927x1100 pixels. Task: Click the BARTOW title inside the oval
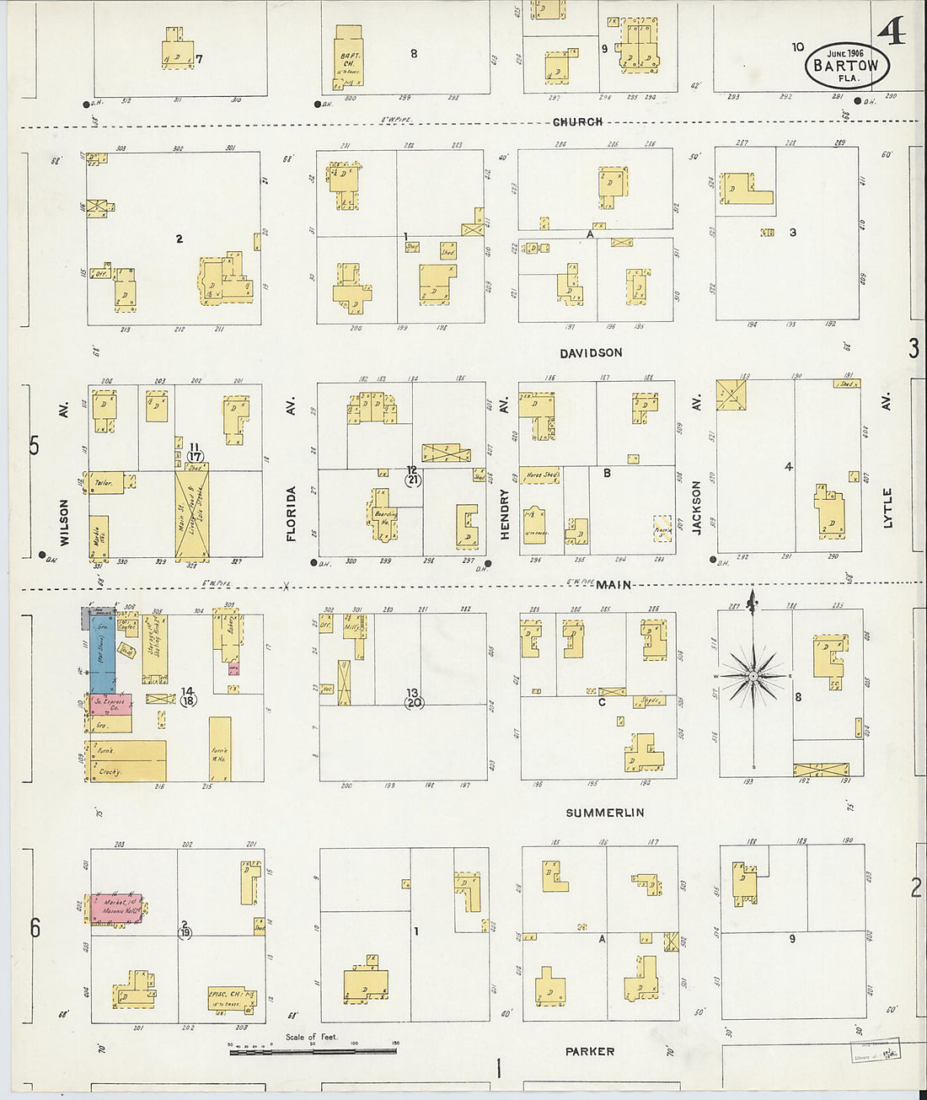tap(846, 66)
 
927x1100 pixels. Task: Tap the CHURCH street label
tap(577, 122)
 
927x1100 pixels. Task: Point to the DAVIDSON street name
tap(591, 353)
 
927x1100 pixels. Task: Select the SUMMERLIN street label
tap(604, 813)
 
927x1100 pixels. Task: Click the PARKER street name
tap(590, 1051)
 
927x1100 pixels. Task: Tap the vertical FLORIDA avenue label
tap(292, 512)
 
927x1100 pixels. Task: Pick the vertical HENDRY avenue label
tap(505, 514)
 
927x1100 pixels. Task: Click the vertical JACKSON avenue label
tap(697, 507)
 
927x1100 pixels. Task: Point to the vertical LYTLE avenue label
tap(887, 507)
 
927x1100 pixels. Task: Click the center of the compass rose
tap(753, 675)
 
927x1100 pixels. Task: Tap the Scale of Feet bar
tap(313, 1051)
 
